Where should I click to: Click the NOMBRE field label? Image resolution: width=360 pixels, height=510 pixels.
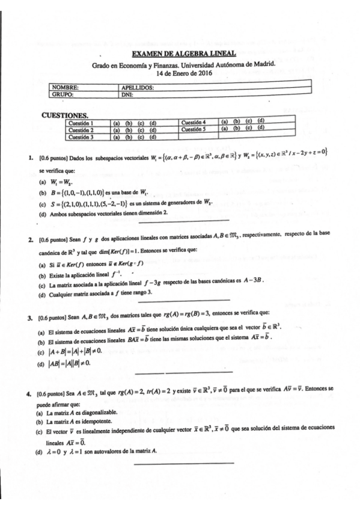tap(66, 87)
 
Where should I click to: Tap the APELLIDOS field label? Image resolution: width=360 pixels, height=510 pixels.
tap(138, 87)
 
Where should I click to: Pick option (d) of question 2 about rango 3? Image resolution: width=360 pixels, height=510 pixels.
tap(96, 293)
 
